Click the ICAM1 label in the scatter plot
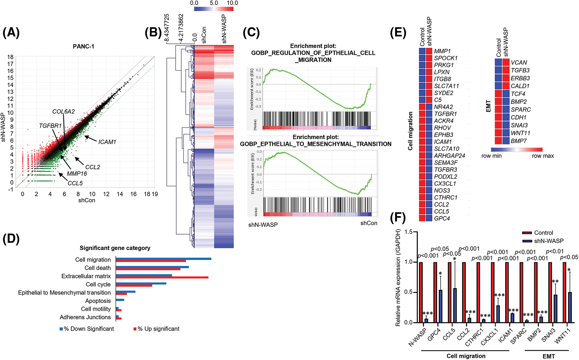click(x=107, y=142)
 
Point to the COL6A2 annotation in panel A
click(x=63, y=112)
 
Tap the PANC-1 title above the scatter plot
click(x=84, y=46)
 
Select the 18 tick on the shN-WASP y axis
click(x=10, y=57)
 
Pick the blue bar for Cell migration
click(x=163, y=259)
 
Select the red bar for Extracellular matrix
click(x=162, y=277)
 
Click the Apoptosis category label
click(x=98, y=301)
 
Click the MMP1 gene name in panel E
click(x=442, y=51)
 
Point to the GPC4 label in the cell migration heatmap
click(x=442, y=218)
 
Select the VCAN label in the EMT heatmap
click(x=519, y=62)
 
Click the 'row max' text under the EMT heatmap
click(x=543, y=156)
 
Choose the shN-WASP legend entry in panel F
click(x=548, y=241)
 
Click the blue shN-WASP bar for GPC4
click(x=440, y=306)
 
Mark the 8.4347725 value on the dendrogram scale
click(x=167, y=28)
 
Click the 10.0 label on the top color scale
click(x=232, y=3)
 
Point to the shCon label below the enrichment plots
click(x=369, y=223)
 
